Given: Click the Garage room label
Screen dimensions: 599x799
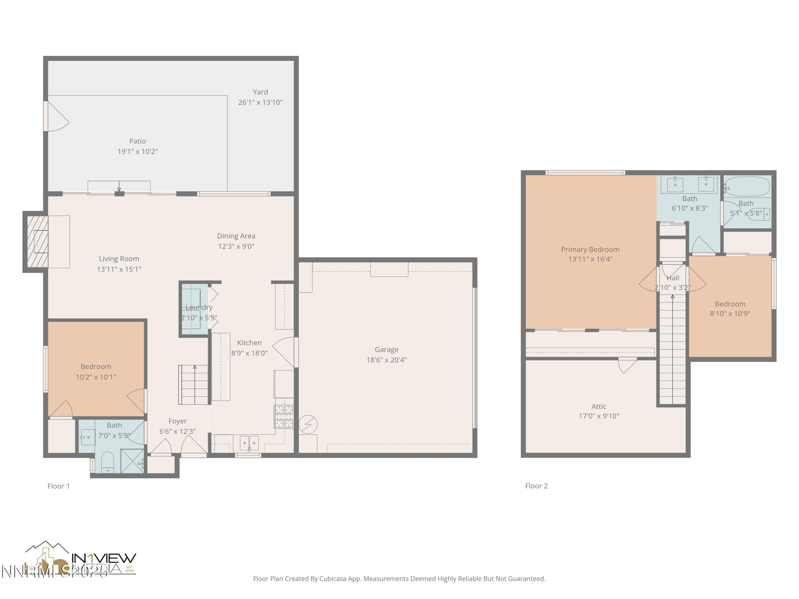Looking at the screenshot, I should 386,350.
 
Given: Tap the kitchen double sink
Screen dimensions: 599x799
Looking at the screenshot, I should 249,443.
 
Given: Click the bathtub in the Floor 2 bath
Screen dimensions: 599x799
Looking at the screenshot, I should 747,187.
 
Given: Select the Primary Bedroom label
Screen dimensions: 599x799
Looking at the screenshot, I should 590,249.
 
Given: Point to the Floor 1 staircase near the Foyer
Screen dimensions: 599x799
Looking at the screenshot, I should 194,385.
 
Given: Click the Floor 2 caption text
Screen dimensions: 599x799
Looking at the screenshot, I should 536,486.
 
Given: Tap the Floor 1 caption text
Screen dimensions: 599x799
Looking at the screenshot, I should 59,486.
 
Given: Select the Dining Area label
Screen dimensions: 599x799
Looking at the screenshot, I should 236,236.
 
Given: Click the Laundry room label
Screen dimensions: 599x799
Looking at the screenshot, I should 199,307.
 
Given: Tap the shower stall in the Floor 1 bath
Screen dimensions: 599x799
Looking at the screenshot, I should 132,461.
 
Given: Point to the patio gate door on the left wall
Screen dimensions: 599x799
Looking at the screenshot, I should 57,116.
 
